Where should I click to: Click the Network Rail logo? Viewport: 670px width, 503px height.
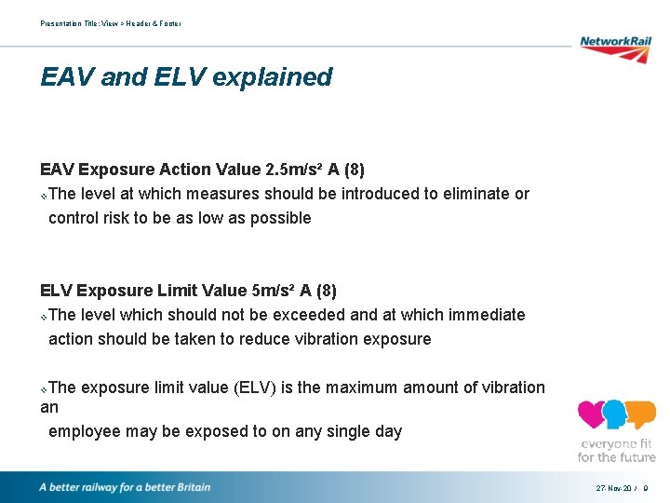(615, 48)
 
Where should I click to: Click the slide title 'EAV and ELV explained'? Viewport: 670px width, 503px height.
(186, 76)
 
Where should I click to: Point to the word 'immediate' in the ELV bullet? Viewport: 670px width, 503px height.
(486, 315)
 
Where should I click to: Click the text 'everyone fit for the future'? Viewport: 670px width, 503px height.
(616, 450)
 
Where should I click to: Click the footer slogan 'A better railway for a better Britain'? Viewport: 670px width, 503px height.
(125, 487)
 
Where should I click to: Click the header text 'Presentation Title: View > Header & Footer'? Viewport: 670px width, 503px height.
(111, 23)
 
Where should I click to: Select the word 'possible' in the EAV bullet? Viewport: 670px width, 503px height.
(278, 218)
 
